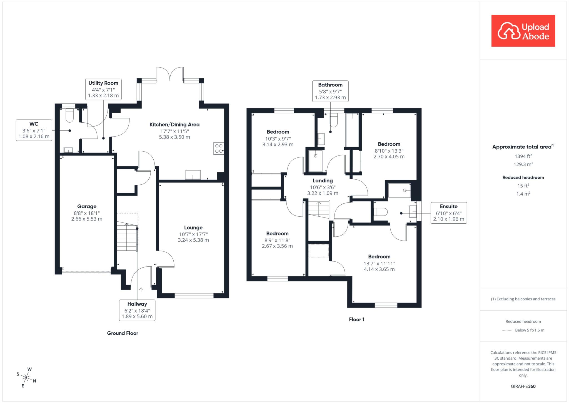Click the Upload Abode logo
pyautogui.click(x=523, y=31)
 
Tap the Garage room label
pyautogui.click(x=87, y=206)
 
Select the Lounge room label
pyautogui.click(x=193, y=228)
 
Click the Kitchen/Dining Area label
pyautogui.click(x=174, y=125)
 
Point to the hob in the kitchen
pyautogui.click(x=219, y=148)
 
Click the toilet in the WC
pyautogui.click(x=69, y=115)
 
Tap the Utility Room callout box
pyautogui.click(x=103, y=89)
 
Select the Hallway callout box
pyautogui.click(x=137, y=310)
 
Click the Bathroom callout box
pyautogui.click(x=330, y=91)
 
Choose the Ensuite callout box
pyautogui.click(x=449, y=213)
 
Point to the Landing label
pyautogui.click(x=323, y=181)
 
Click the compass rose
pyautogui.click(x=26, y=378)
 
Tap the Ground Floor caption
pyautogui.click(x=123, y=333)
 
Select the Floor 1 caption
pyautogui.click(x=356, y=320)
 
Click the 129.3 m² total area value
pyautogui.click(x=523, y=164)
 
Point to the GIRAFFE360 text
pyautogui.click(x=523, y=386)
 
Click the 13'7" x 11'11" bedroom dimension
pyautogui.click(x=379, y=263)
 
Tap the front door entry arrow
pyautogui.click(x=141, y=290)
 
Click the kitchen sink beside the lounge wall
pyautogui.click(x=193, y=175)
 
